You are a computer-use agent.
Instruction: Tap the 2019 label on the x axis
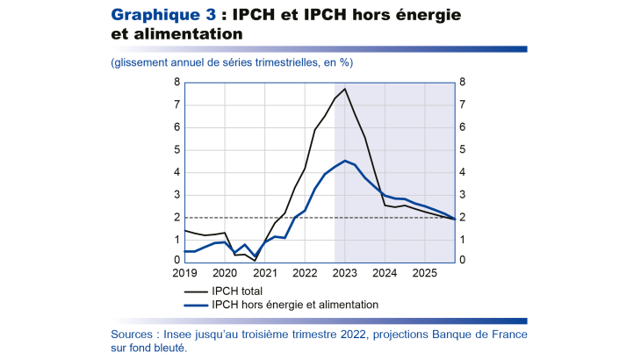184,273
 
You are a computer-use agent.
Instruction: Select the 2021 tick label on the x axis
265,273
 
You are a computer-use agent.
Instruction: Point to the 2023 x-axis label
345,273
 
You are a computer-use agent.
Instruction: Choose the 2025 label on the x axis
425,273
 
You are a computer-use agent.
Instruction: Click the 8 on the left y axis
177,83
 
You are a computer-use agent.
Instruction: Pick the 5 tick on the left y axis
177,150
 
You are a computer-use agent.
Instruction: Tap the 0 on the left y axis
177,261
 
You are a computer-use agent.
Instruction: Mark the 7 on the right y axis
462,105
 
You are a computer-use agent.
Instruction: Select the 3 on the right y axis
462,195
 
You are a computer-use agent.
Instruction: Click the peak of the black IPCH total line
345,89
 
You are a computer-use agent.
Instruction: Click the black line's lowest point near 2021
255,260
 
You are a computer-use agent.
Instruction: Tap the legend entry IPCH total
237,291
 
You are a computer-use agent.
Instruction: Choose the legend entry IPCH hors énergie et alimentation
295,305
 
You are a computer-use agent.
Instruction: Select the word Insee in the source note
188,335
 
